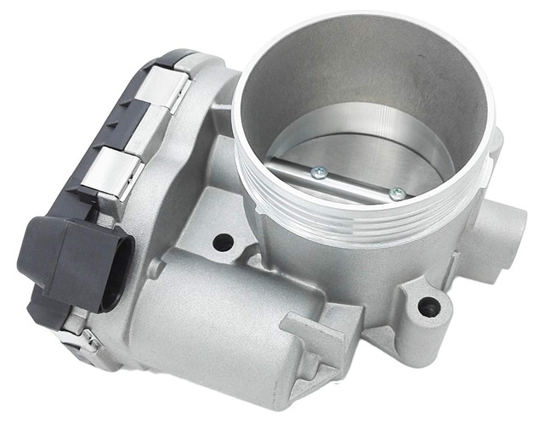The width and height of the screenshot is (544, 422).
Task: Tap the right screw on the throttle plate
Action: click(395, 193)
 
